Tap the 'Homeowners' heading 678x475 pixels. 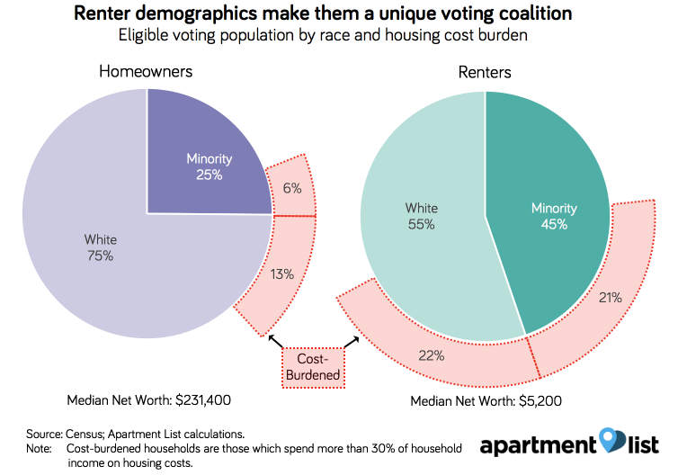coord(146,71)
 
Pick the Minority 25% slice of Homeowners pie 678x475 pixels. coord(209,166)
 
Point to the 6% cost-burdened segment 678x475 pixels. coord(292,190)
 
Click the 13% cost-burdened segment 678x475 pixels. coord(282,273)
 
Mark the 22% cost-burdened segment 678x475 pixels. coord(432,354)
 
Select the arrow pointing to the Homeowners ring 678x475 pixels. coord(275,341)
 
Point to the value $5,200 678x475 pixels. coord(537,401)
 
